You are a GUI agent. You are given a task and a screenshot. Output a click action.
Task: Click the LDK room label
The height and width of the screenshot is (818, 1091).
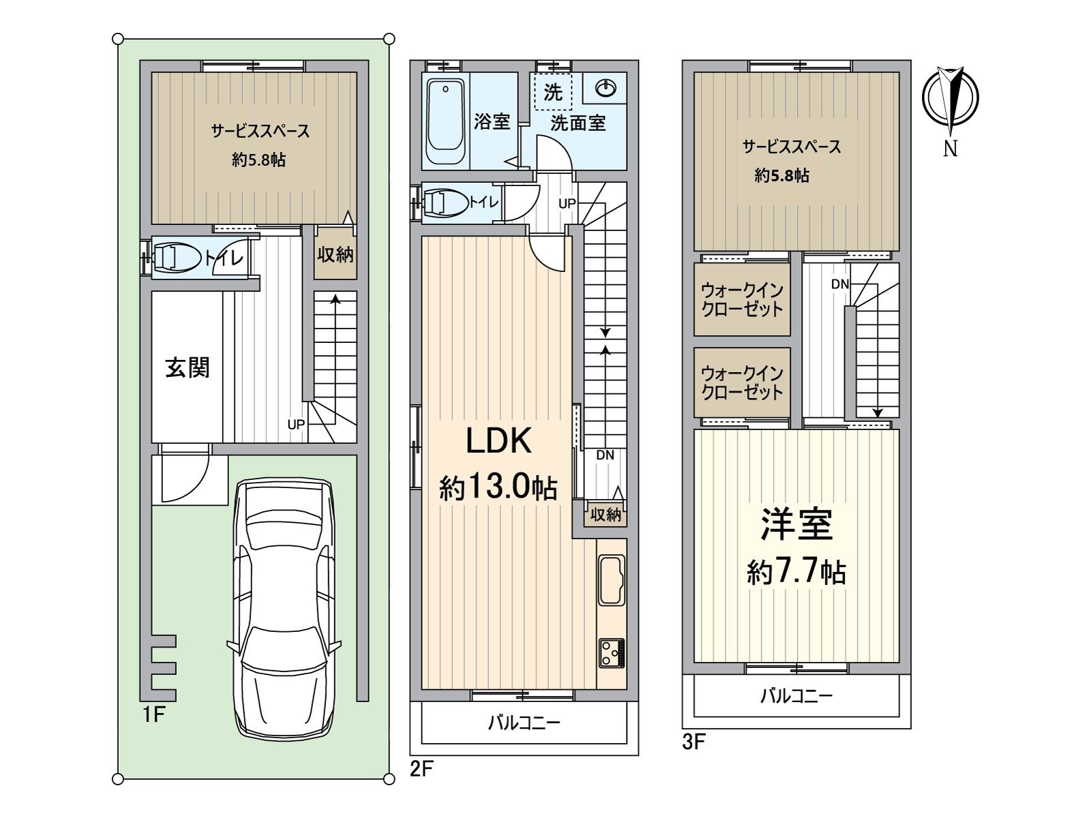[498, 441]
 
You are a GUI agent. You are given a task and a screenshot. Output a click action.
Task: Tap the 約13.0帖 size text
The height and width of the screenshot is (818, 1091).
[498, 488]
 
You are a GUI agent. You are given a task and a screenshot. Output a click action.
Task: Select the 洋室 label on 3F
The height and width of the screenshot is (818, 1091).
[796, 524]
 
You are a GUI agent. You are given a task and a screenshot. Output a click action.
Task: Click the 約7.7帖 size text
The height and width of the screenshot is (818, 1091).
[796, 571]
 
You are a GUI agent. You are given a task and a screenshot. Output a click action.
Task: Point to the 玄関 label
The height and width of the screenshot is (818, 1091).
[188, 367]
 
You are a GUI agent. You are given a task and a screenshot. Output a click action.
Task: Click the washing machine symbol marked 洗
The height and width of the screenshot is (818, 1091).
[553, 92]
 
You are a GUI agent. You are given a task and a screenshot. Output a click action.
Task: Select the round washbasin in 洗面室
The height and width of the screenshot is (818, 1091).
[606, 87]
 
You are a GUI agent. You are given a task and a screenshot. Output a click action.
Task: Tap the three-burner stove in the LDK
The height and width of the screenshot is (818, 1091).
[611, 653]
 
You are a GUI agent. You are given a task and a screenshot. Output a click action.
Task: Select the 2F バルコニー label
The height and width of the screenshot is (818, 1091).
[524, 723]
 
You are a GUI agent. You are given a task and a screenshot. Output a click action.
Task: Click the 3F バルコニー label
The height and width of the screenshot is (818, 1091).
[796, 696]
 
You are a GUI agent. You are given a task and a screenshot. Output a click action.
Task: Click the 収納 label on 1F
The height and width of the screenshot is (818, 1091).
[335, 255]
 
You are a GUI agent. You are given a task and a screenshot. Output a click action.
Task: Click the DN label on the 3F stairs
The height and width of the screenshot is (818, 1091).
[839, 284]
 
